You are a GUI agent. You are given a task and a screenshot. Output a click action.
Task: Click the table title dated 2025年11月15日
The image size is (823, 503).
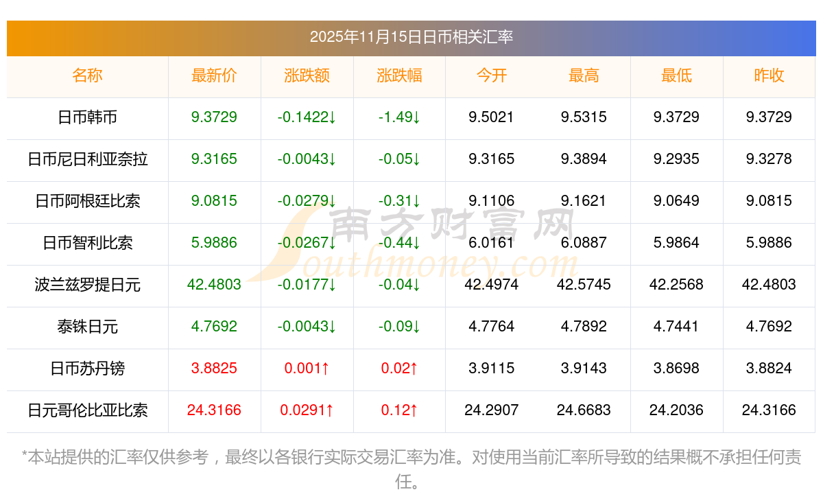tap(411, 37)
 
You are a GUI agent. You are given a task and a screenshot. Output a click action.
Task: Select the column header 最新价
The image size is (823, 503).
tap(214, 76)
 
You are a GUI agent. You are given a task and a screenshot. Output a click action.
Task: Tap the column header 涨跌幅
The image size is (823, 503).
tap(399, 76)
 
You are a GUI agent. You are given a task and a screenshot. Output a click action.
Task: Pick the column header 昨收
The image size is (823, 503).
tap(769, 76)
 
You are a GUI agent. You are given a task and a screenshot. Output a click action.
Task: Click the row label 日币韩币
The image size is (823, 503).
tap(87, 117)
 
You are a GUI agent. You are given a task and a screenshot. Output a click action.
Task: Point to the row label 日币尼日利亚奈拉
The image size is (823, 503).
tap(87, 159)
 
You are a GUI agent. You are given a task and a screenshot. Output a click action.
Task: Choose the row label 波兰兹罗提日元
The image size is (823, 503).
tap(87, 285)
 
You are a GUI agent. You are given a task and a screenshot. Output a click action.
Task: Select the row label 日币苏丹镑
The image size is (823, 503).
tap(87, 369)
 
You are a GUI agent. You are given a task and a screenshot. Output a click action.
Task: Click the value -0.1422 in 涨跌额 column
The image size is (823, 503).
tap(307, 117)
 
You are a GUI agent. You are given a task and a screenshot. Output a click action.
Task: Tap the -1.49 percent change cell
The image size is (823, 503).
tap(399, 117)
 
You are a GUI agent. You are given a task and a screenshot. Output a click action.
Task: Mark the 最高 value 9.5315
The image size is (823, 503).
tap(584, 117)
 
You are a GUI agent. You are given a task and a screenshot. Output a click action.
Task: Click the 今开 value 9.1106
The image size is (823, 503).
tap(491, 201)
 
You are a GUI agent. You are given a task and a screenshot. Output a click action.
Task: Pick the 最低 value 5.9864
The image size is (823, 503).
tap(676, 243)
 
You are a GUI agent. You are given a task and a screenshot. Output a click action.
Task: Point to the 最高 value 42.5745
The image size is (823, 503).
tap(584, 285)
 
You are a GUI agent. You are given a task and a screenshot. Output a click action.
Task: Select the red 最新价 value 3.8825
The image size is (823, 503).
tap(214, 369)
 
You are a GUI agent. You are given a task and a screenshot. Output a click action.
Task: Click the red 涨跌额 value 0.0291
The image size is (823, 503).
tap(307, 410)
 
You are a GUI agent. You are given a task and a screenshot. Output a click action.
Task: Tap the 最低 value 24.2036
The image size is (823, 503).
tap(676, 410)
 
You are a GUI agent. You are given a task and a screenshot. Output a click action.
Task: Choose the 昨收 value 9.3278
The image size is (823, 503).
tap(769, 159)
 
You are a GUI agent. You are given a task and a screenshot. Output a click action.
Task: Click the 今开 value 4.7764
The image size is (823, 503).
tap(491, 327)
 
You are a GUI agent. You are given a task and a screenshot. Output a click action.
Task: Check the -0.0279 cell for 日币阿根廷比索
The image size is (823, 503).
tap(307, 201)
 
